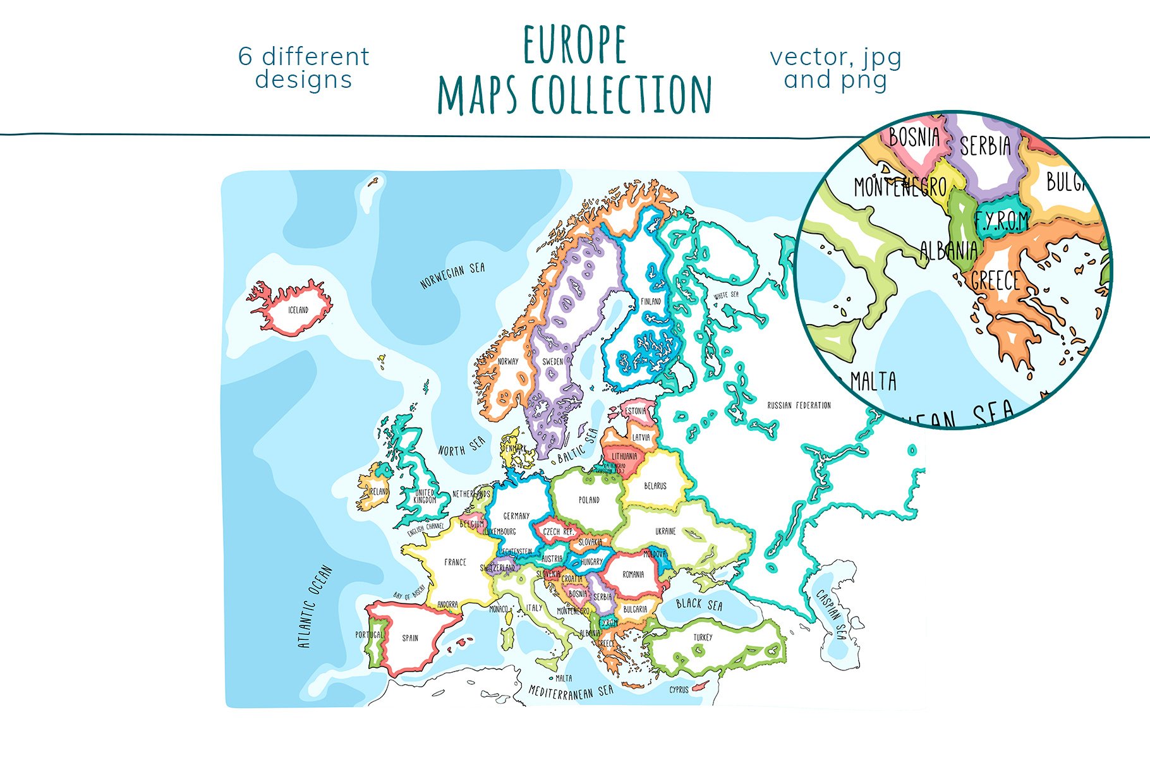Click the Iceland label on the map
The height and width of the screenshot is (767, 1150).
click(x=298, y=310)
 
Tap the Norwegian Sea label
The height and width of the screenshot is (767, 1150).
click(x=452, y=275)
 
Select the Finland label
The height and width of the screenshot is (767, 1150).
click(x=651, y=301)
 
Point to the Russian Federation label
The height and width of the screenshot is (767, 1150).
click(x=799, y=406)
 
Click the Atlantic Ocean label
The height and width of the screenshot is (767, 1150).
click(x=314, y=607)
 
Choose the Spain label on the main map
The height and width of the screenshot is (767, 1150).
click(x=410, y=638)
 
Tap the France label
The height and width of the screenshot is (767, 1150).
click(x=455, y=562)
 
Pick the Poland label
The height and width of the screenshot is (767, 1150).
click(x=589, y=500)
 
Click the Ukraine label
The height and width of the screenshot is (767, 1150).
click(x=665, y=531)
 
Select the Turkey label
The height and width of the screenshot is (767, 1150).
click(x=703, y=637)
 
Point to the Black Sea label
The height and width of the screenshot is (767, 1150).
click(x=699, y=605)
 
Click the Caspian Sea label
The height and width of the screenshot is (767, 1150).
click(x=831, y=614)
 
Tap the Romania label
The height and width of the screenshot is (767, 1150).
click(x=633, y=574)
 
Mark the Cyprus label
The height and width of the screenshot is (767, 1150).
click(x=679, y=690)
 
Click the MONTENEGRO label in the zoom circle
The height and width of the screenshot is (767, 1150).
click(x=900, y=187)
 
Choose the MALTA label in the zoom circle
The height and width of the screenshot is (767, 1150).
click(x=873, y=382)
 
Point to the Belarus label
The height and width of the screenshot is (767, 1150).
click(x=655, y=486)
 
